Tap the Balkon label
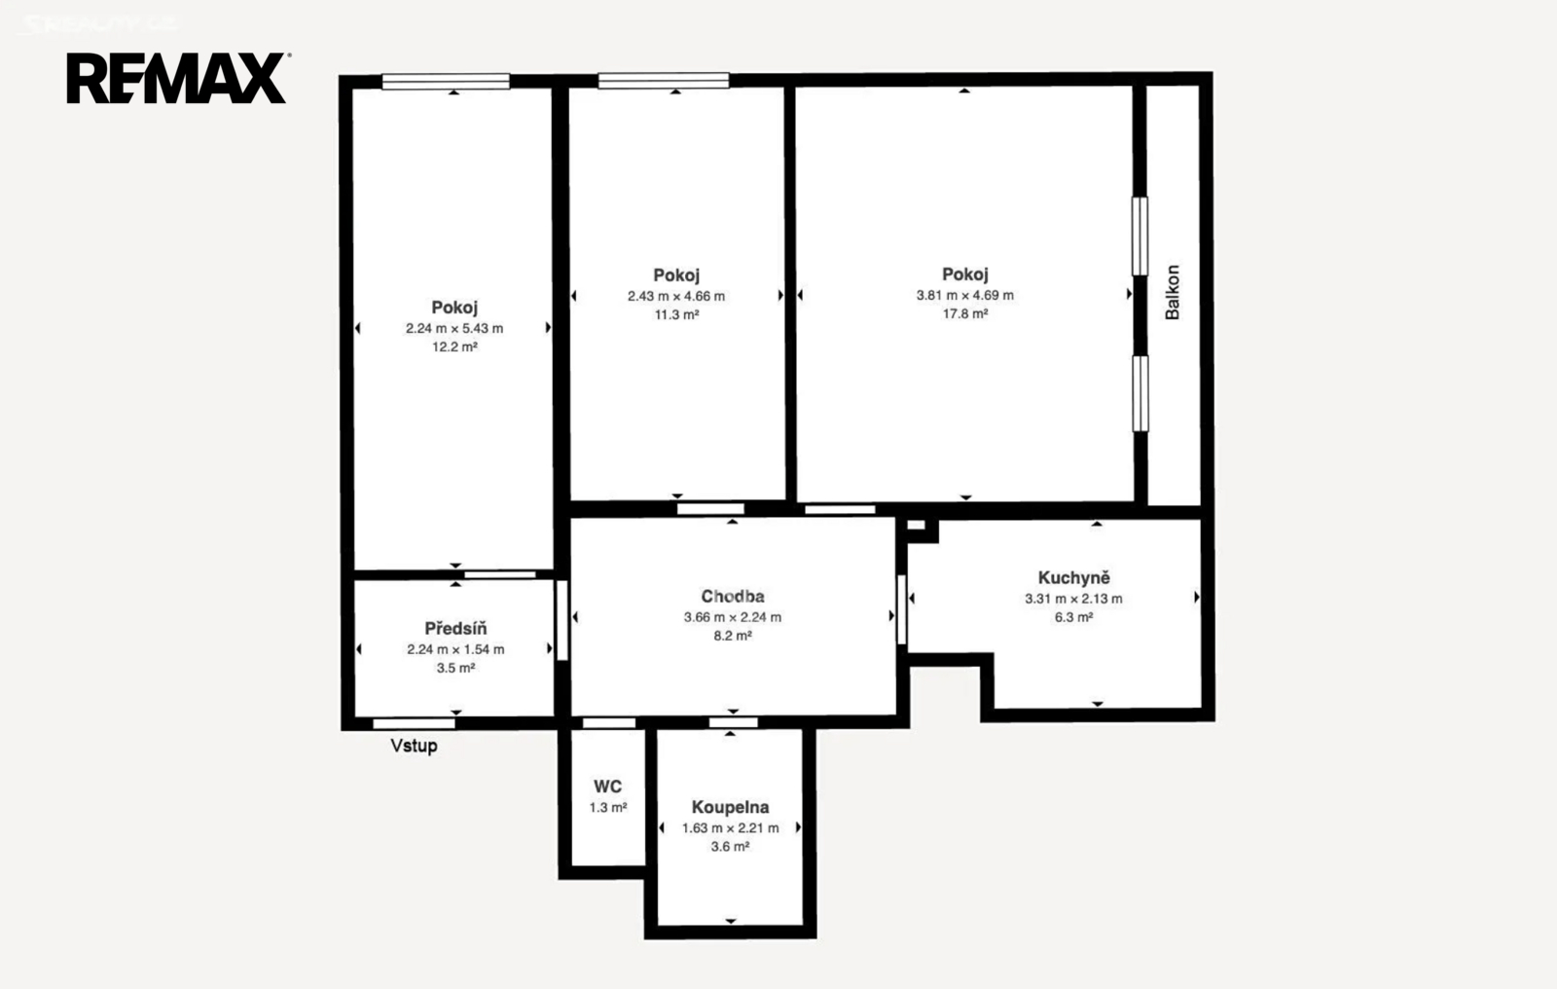(x=1173, y=292)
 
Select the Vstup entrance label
(x=414, y=746)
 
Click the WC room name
(x=607, y=787)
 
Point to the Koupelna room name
(x=730, y=807)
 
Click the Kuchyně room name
(x=1074, y=577)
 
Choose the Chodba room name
(x=733, y=596)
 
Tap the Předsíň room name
(x=456, y=628)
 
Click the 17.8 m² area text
(x=964, y=313)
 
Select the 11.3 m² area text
(x=676, y=314)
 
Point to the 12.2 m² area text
(x=454, y=347)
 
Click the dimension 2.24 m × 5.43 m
(x=454, y=328)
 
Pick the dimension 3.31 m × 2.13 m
(x=1073, y=598)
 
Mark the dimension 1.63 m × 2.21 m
(x=730, y=827)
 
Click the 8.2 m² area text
(x=733, y=636)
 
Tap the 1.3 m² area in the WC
(x=608, y=808)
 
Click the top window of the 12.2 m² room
(x=446, y=82)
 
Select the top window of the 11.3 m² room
(x=663, y=81)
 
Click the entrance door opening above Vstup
(x=414, y=723)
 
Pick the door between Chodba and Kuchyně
(x=901, y=610)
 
